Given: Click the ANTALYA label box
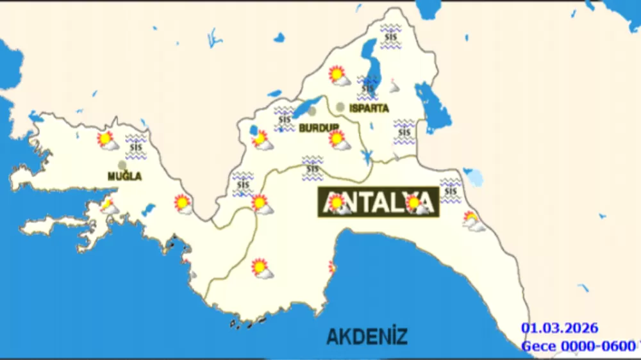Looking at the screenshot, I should pyautogui.click(x=378, y=203).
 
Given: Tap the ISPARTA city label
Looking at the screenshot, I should pyautogui.click(x=369, y=108).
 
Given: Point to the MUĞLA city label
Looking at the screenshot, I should pyautogui.click(x=124, y=176).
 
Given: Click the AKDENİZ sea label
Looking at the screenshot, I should pyautogui.click(x=367, y=336).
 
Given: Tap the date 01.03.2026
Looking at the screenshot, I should pyautogui.click(x=559, y=329).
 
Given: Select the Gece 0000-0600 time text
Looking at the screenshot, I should pyautogui.click(x=578, y=347).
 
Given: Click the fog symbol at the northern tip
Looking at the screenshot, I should pyautogui.click(x=390, y=37).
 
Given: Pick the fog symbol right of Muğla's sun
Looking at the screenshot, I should pyautogui.click(x=136, y=147).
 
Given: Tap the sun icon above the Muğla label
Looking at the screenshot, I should pyautogui.click(x=106, y=140).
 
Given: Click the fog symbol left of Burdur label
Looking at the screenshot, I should pyautogui.click(x=283, y=119).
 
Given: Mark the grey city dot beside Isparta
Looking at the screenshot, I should pyautogui.click(x=340, y=107).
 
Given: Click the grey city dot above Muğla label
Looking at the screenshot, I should pyautogui.click(x=122, y=165).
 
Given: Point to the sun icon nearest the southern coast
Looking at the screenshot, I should pyautogui.click(x=261, y=268).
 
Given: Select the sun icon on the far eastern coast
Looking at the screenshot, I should pyautogui.click(x=473, y=221).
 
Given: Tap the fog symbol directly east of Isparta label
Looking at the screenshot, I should pyautogui.click(x=403, y=132).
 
